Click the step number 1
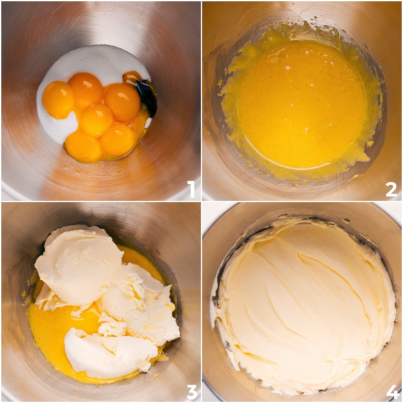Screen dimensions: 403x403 pos(191,189)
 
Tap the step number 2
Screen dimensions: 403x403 pos(391,189)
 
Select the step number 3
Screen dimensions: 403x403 pos(191,391)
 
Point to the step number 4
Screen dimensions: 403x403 pos(392,391)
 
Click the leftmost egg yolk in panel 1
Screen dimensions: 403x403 pos(58,99)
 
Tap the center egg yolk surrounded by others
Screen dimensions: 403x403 pos(97,120)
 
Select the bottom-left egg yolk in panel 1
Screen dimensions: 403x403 pos(82,146)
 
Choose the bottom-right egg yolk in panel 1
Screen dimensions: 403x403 pos(118,140)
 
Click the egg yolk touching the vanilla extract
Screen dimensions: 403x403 pos(123,102)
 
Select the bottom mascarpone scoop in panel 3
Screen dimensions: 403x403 pos(107,353)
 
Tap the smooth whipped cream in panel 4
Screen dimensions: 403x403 pos(302,302)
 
